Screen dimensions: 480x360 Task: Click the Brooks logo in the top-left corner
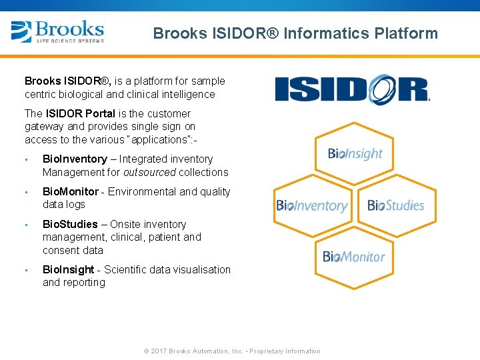[x=57, y=31]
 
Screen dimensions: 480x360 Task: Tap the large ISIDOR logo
[x=352, y=89]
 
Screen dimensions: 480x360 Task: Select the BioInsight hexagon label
[x=355, y=153]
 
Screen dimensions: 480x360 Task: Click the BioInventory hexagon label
[x=312, y=206]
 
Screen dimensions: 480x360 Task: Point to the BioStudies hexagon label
[x=396, y=205]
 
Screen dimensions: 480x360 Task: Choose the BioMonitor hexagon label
[x=354, y=257]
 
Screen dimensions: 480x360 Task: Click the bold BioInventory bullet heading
[x=75, y=159]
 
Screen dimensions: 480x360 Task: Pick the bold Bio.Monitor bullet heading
[x=71, y=192]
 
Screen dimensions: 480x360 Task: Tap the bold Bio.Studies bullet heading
[x=70, y=225]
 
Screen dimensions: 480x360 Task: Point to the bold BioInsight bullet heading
[x=69, y=270]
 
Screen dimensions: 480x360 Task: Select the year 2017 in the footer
[x=159, y=351]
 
